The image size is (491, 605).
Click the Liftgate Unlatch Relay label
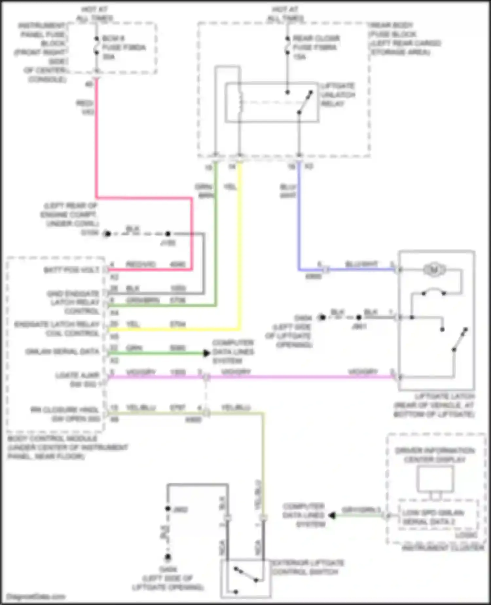tap(337, 95)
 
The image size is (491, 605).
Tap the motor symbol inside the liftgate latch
tap(434, 270)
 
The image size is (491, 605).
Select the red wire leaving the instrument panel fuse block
tap(97, 138)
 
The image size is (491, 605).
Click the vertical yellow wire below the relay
tap(240, 246)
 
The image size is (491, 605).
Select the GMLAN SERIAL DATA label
tap(62, 352)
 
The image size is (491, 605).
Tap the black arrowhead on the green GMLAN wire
tap(206, 353)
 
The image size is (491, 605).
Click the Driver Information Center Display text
tap(435, 455)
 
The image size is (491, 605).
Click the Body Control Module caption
tap(67, 447)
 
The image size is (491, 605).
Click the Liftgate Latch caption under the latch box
tap(434, 405)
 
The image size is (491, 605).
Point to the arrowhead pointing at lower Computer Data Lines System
tap(332, 516)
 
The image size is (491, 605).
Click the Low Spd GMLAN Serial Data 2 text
tap(433, 517)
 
